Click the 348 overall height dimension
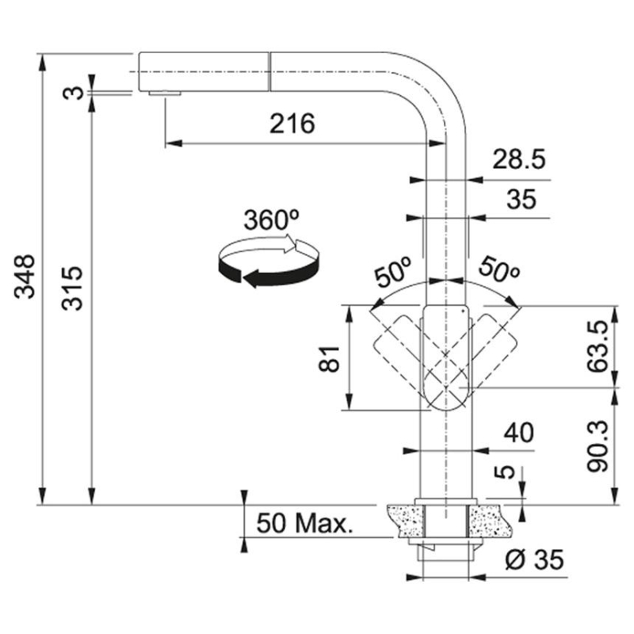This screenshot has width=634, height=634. pos(26,276)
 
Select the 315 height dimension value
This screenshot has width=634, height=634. pos(72,288)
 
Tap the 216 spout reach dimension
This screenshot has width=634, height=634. pos(292,124)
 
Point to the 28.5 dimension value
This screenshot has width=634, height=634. pos(518,161)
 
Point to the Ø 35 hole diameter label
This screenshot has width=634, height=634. pos(533,560)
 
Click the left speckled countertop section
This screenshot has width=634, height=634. pos(405,518)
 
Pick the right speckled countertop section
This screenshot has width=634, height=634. pos(486,518)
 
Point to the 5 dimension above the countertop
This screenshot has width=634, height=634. pos(499,472)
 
